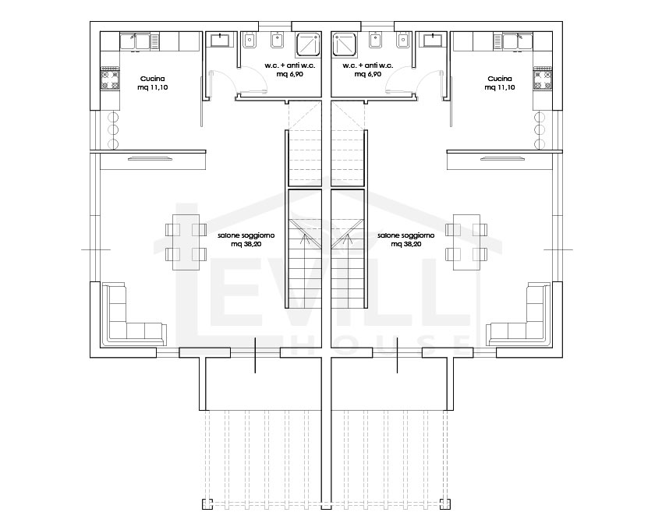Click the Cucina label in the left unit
153,79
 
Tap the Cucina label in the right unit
500,79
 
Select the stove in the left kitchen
110,78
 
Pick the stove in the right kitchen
542,78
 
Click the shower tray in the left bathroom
308,44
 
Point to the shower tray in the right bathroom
345,44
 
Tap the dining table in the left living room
186,243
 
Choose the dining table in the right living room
466,243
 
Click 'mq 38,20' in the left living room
246,244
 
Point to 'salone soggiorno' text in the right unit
405,235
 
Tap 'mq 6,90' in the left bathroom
289,74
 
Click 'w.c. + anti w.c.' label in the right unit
368,65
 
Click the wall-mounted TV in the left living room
150,158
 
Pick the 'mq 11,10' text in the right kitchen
500,87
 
